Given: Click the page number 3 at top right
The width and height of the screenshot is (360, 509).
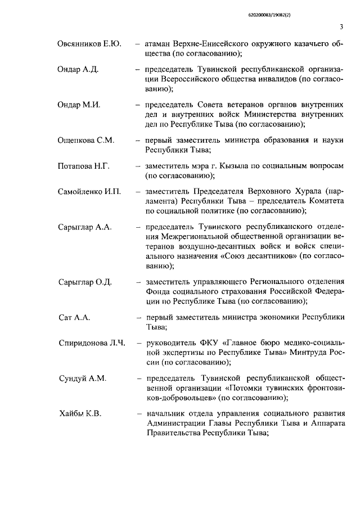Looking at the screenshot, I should coord(341,28).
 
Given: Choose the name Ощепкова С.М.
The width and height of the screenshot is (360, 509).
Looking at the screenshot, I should coord(87,141).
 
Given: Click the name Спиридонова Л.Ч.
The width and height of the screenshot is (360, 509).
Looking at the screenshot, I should coord(92,343).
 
